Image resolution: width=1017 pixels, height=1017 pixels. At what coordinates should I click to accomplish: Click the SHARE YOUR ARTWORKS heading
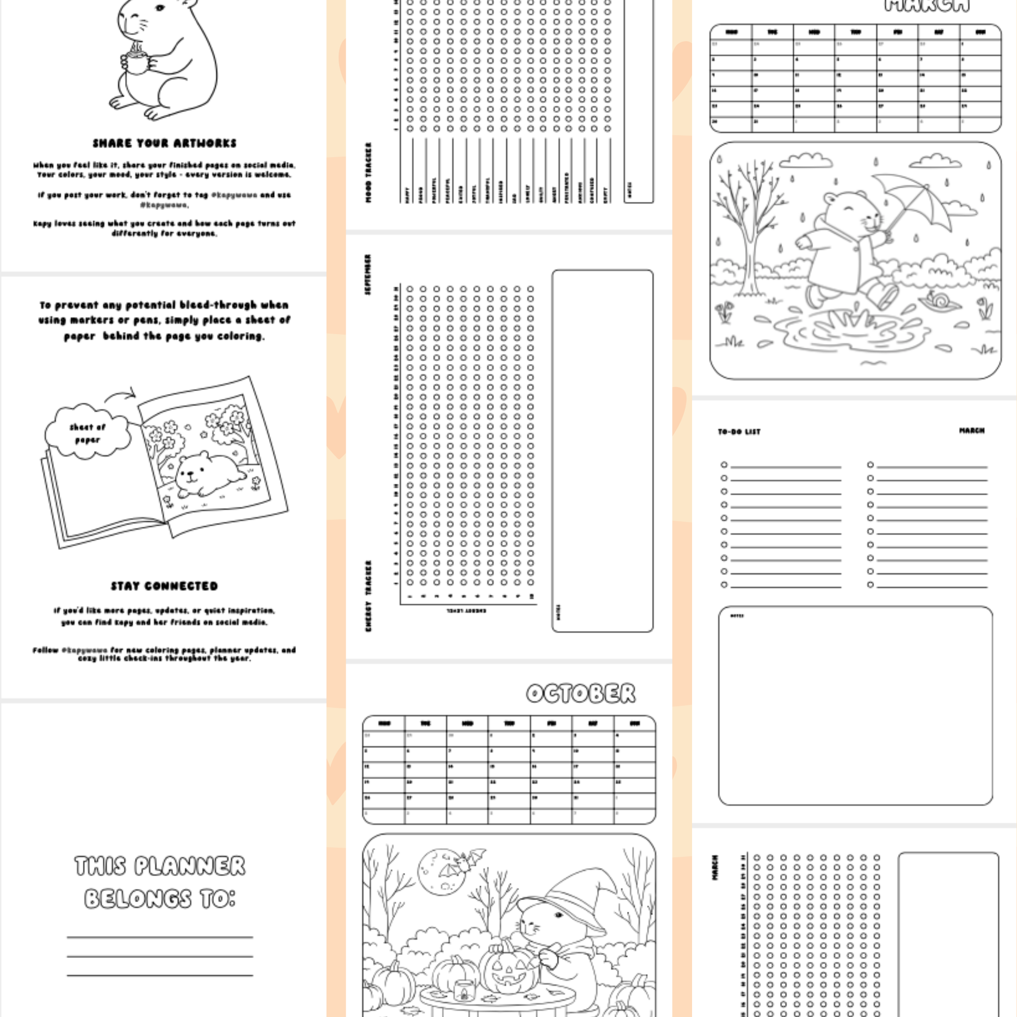[164, 143]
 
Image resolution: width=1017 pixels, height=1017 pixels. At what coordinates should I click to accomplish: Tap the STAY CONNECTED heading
[164, 586]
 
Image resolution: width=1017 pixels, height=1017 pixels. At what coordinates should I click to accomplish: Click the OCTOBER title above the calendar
[581, 693]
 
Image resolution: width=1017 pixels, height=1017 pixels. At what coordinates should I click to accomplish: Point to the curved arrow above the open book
[121, 395]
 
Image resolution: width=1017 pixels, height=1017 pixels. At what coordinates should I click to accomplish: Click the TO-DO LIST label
[738, 432]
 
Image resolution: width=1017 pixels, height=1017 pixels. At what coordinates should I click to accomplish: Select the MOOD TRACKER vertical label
[369, 172]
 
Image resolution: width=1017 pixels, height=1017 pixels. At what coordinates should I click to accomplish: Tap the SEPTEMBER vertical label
[368, 274]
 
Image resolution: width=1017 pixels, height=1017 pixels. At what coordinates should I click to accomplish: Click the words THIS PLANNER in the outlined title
[160, 866]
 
